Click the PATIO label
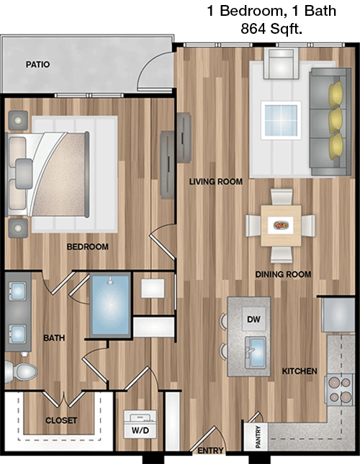point(37,64)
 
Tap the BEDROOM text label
point(87,247)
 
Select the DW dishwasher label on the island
point(253,319)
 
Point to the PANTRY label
point(258,437)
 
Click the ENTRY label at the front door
point(210,450)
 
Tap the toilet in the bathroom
point(21,370)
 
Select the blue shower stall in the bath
point(110,305)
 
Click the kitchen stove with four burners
point(340,389)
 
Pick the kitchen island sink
point(255,352)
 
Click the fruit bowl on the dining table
point(281,225)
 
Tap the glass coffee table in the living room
point(281,120)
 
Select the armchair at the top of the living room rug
point(281,63)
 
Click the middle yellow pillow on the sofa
point(336,121)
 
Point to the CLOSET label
point(61,420)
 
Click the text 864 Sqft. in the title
point(271,29)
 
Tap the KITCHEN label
point(300,370)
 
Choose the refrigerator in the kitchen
point(338,314)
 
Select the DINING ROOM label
point(283,274)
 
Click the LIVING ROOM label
point(216,181)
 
